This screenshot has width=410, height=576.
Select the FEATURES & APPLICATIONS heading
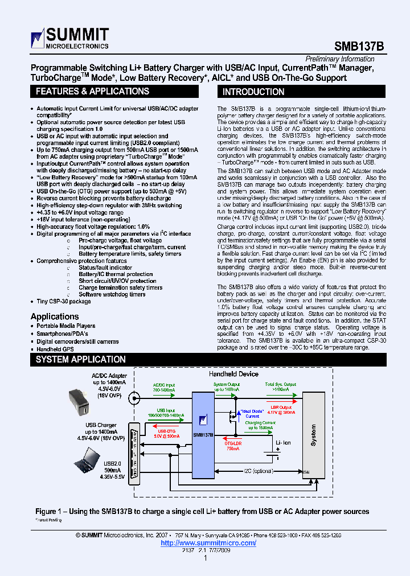(92, 92)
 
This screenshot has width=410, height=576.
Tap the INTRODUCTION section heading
(253, 92)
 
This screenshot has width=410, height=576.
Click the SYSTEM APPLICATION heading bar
(80, 360)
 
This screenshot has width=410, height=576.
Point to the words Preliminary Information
(340, 59)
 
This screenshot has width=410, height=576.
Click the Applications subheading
(55, 316)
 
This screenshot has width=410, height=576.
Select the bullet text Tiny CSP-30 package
(64, 302)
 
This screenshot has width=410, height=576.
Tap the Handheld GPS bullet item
(56, 349)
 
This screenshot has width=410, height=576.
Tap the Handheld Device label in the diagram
(233, 374)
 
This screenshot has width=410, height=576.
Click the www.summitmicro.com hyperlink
(208, 543)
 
